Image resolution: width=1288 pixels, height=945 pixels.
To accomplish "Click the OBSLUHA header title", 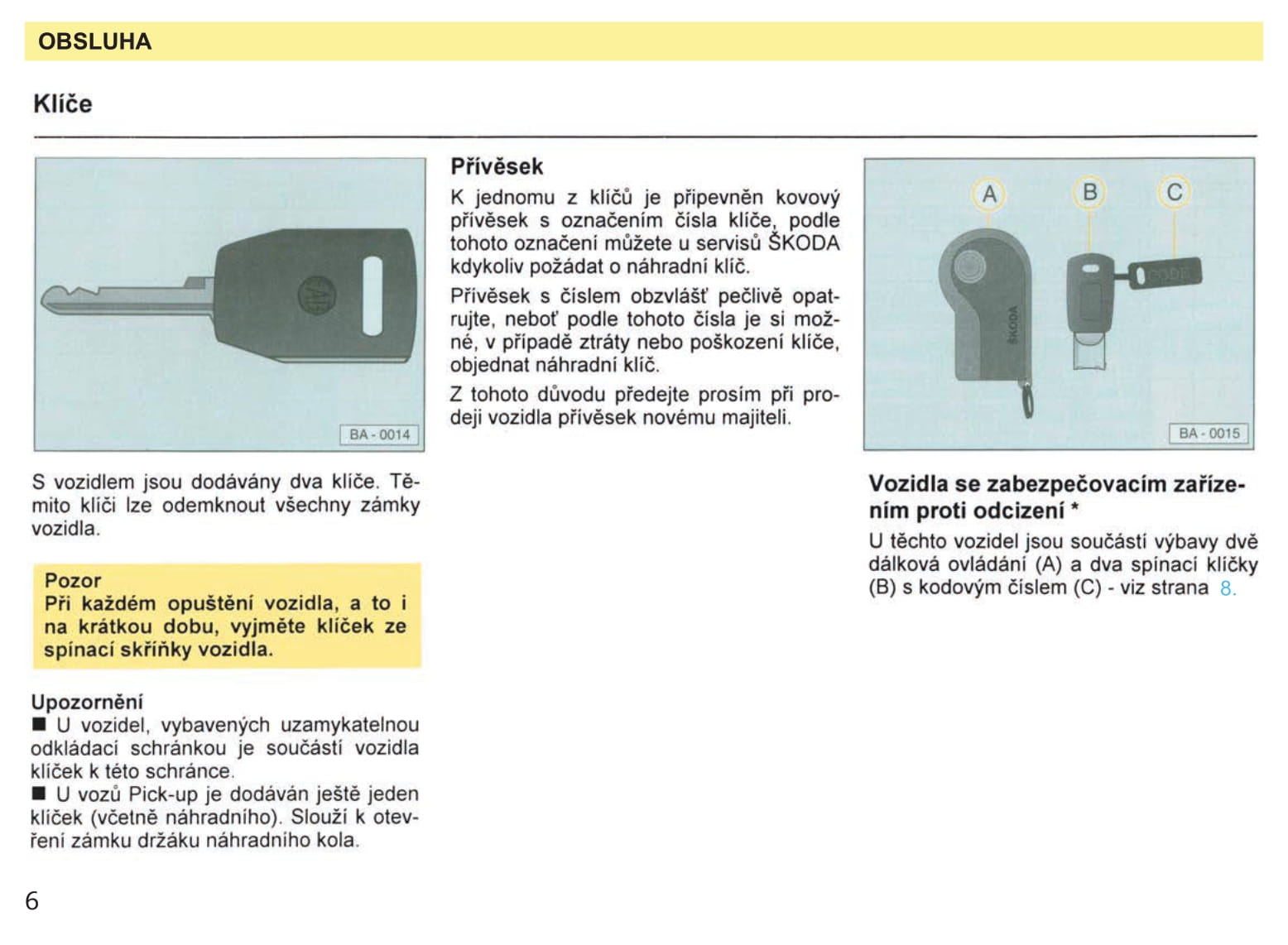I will (94, 41).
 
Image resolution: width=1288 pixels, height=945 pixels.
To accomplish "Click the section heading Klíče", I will (63, 104).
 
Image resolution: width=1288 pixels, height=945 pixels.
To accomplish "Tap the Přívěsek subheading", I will (497, 166).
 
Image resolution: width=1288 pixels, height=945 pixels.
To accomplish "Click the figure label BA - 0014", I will (379, 434).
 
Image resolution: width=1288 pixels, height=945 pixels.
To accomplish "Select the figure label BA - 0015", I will (1209, 433).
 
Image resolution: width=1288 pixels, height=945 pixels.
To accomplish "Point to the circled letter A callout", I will (988, 194).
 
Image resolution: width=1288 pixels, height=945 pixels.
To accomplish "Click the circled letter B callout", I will (1089, 192).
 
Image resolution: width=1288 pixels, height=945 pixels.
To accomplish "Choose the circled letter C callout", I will (1174, 192).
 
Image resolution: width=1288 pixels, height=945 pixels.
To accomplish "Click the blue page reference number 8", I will (1227, 588).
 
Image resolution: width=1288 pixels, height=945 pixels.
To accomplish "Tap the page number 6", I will (31, 900).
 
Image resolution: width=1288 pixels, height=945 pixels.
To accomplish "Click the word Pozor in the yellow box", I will (73, 580).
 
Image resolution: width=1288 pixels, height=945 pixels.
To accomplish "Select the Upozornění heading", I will (87, 702).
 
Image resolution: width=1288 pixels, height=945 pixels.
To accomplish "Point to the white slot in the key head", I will (372, 295).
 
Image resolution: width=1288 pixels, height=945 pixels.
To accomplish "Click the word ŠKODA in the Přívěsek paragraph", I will (803, 243).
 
